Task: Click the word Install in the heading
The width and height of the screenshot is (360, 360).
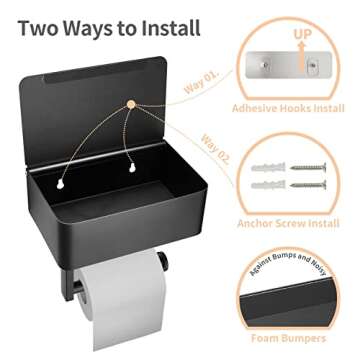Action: click(x=167, y=26)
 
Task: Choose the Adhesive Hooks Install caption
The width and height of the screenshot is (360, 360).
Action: click(x=287, y=107)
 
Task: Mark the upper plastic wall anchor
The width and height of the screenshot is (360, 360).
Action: click(x=268, y=168)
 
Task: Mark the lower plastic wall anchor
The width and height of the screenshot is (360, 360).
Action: click(x=268, y=185)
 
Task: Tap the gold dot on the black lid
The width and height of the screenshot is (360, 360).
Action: click(x=130, y=103)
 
